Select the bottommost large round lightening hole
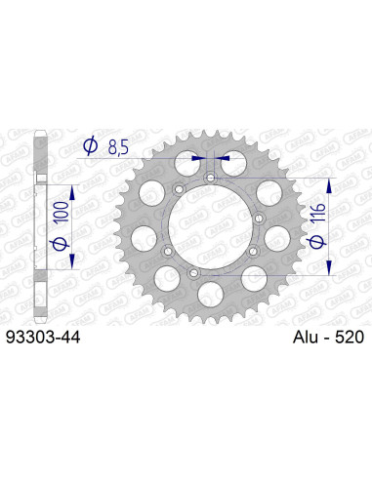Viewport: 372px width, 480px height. pos(211,292)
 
